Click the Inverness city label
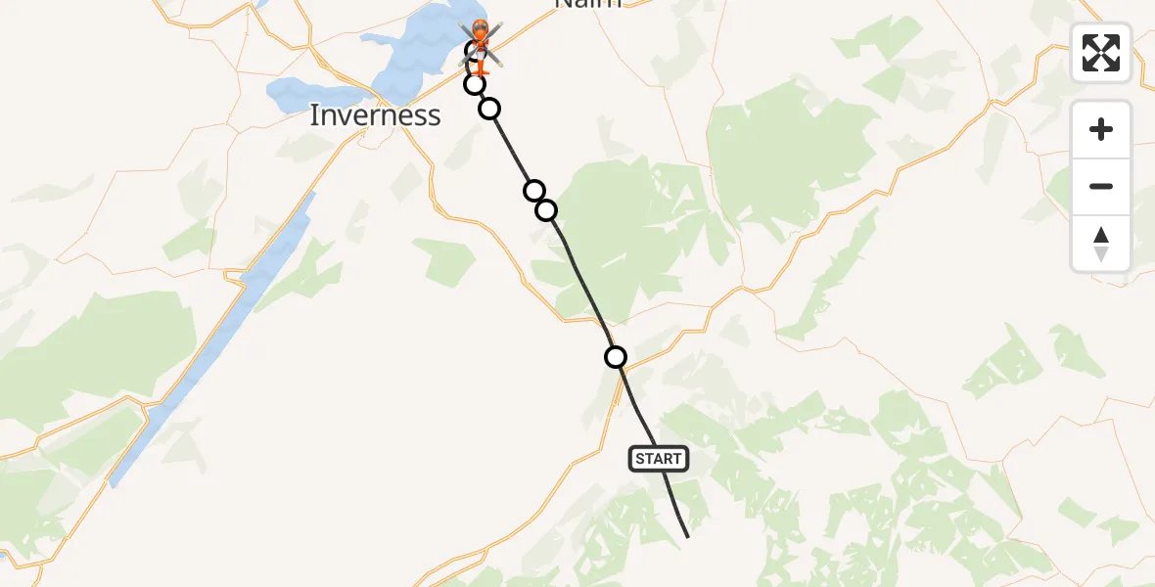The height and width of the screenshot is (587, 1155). pos(375,115)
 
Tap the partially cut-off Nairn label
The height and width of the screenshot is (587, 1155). pos(587,4)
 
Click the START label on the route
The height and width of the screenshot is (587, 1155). pos(659,459)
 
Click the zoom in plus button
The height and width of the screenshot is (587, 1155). pos(1101,130)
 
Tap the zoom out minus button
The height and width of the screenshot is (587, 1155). pos(1101,187)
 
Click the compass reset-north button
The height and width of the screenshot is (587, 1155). pos(1101,244)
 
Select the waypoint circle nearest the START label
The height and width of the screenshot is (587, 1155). pos(616,357)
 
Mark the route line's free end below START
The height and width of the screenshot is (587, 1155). pos(688,537)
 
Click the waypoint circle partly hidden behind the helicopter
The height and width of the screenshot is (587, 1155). pos(473,52)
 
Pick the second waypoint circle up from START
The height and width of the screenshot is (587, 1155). pos(546,210)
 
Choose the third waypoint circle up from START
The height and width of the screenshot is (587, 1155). pos(533,190)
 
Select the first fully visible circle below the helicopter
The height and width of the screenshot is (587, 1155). pos(475,84)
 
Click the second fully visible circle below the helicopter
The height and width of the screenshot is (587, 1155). pos(489,108)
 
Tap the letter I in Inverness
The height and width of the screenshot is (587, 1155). pos(314,115)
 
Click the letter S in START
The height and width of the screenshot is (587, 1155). pos(640,459)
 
